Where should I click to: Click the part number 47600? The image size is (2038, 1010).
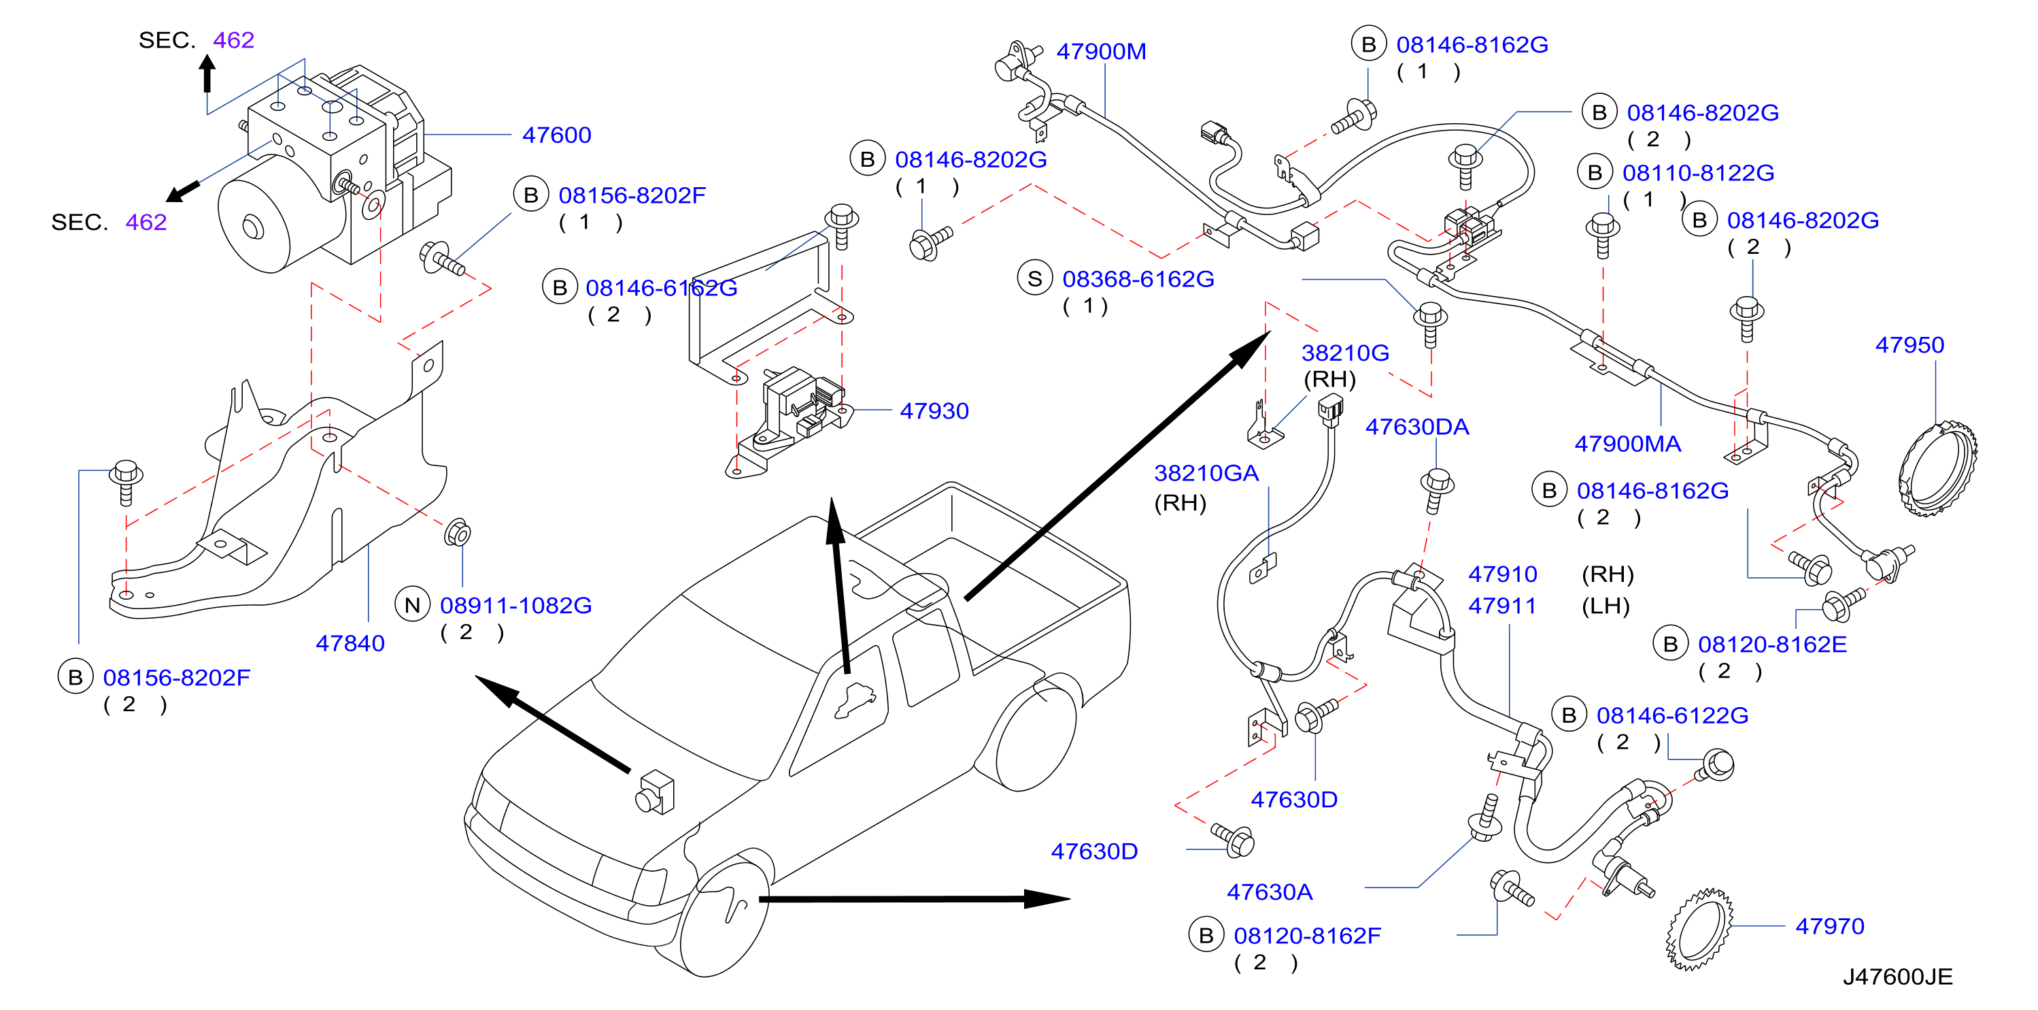pos(556,135)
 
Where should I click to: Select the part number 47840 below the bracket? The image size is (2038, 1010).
pos(350,644)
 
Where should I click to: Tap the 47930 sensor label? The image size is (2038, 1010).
pos(934,411)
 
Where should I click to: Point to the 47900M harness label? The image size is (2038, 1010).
pos(1101,52)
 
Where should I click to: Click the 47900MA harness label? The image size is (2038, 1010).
pos(1627,444)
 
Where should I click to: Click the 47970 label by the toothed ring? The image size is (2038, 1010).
pos(1829,926)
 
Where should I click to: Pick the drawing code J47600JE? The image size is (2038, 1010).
pos(1897,977)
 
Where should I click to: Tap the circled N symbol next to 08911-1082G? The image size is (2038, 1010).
pos(412,606)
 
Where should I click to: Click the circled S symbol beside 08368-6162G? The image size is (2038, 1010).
pos(1035,278)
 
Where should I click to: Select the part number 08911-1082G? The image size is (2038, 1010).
pos(516,606)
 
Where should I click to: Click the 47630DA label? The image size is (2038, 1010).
pos(1417,427)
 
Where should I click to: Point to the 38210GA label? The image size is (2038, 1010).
pos(1206,473)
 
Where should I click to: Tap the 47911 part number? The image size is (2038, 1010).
pos(1502,606)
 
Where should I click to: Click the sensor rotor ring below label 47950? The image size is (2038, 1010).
pos(1938,470)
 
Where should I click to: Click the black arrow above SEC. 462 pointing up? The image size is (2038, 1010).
pos(207,74)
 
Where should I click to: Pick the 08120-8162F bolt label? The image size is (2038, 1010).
pos(1307,936)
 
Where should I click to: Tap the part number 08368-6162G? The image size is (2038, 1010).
pos(1138,280)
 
